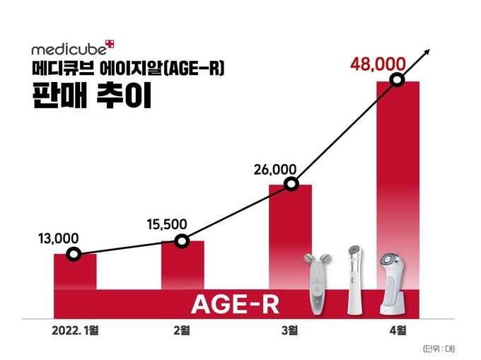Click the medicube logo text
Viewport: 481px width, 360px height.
tap(67, 51)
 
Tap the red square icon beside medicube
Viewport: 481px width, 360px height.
tap(109, 45)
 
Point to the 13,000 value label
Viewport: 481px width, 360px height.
tap(54, 238)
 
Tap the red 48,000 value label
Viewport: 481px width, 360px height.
tap(383, 65)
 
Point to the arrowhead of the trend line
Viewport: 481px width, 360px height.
tap(427, 50)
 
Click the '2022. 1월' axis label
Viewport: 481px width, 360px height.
tap(76, 330)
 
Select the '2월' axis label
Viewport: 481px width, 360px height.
tap(182, 330)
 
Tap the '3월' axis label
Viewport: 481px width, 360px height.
tap(290, 330)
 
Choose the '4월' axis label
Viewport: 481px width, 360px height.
tap(398, 330)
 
